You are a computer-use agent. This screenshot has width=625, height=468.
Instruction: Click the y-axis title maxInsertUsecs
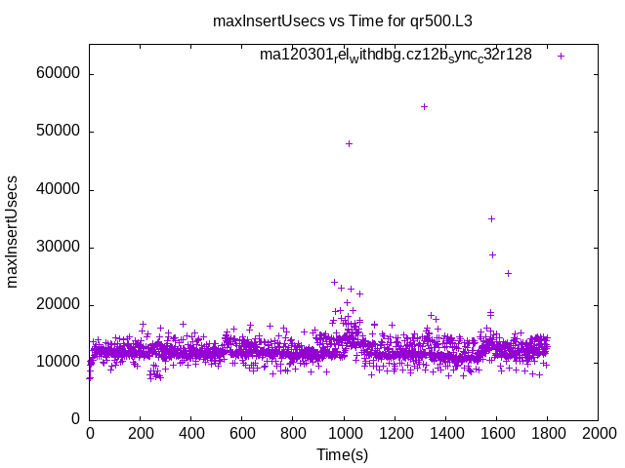pos(13,232)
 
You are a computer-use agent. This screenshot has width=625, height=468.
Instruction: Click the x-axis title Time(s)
pos(342,454)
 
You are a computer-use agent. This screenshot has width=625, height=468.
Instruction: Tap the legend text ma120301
pos(396,56)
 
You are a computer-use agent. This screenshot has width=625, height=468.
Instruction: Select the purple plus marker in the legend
pos(561,56)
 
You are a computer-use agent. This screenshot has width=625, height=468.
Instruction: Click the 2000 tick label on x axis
pos(598,432)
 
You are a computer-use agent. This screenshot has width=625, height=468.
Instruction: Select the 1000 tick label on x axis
pos(344,432)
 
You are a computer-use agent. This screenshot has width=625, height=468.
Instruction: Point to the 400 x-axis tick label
pos(191,432)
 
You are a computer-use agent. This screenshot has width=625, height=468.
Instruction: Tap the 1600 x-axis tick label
pos(496,432)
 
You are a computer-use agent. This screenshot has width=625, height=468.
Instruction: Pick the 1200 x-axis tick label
pos(395,432)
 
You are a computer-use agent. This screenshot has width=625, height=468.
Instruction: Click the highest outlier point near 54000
pos(424,106)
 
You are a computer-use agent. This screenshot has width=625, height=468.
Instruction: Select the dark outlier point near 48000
pos(349,143)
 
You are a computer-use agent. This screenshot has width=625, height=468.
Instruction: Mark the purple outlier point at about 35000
pos(491,218)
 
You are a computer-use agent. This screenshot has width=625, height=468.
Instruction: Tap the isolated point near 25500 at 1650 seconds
pos(508,273)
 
